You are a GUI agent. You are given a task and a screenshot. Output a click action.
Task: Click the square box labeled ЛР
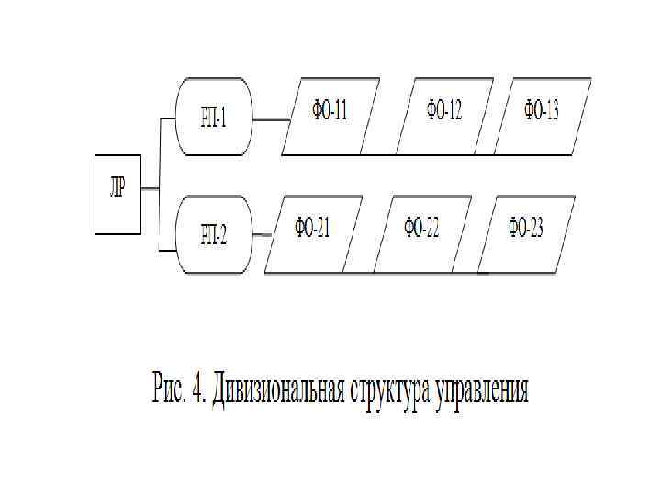(x=118, y=194)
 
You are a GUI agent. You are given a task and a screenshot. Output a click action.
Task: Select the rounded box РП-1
(x=213, y=117)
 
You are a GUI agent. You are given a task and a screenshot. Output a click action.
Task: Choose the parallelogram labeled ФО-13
(x=543, y=117)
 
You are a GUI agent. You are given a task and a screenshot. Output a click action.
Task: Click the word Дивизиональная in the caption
(x=278, y=390)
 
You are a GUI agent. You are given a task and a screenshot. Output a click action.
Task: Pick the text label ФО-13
(x=542, y=111)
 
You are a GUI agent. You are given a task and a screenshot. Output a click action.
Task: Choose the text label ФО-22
(x=421, y=228)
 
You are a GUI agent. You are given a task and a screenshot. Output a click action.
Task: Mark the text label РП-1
(x=213, y=118)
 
